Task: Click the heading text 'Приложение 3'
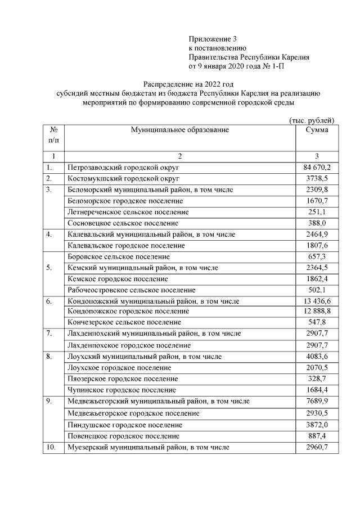tap(213, 39)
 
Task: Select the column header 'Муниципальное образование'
tap(180, 130)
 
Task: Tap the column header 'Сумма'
tap(317, 130)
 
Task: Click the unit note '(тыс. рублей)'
tap(312, 120)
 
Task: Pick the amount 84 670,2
tap(317, 168)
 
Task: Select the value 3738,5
tap(317, 178)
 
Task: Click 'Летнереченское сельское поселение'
tap(128, 212)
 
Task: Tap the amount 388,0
tap(317, 223)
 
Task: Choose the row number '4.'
tap(50, 234)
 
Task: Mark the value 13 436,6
tap(317, 301)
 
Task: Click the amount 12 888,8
tap(317, 311)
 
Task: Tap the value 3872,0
tap(317, 425)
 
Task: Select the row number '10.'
tap(51, 447)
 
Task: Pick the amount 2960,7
tap(317, 447)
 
